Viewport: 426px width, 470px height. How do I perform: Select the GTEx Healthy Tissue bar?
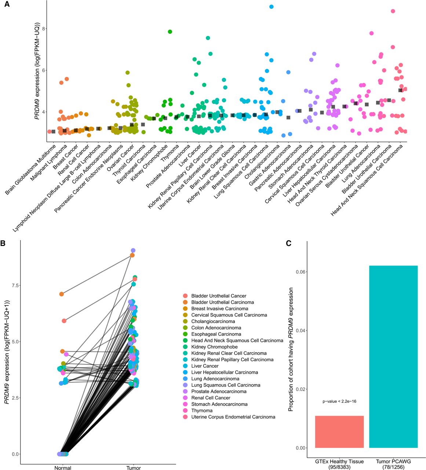point(339,431)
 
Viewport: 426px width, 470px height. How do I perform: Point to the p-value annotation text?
point(339,401)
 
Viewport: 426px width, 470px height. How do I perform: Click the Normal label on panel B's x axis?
point(63,468)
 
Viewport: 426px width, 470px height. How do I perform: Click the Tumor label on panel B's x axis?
point(134,468)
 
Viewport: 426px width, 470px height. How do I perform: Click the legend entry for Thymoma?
point(202,411)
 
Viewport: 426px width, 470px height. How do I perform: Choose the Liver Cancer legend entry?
point(205,366)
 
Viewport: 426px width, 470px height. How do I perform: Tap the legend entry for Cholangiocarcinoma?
point(213,321)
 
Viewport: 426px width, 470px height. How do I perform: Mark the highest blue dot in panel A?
point(271,7)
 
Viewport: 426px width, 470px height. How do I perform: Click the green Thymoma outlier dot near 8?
point(170,32)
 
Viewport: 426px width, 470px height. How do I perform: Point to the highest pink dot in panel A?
point(393,11)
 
